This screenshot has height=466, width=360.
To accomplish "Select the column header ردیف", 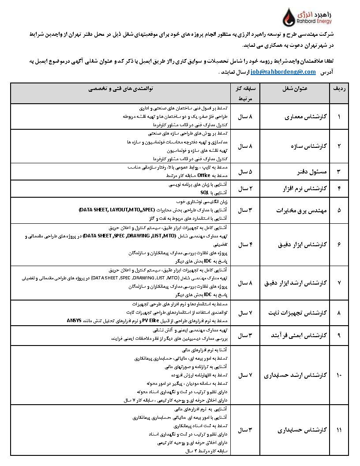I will click(339, 88).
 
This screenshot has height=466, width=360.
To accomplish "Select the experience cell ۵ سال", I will click(244, 171).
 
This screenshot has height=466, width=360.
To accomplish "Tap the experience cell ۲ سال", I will click(244, 188).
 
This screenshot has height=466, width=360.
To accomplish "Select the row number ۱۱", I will click(339, 429).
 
